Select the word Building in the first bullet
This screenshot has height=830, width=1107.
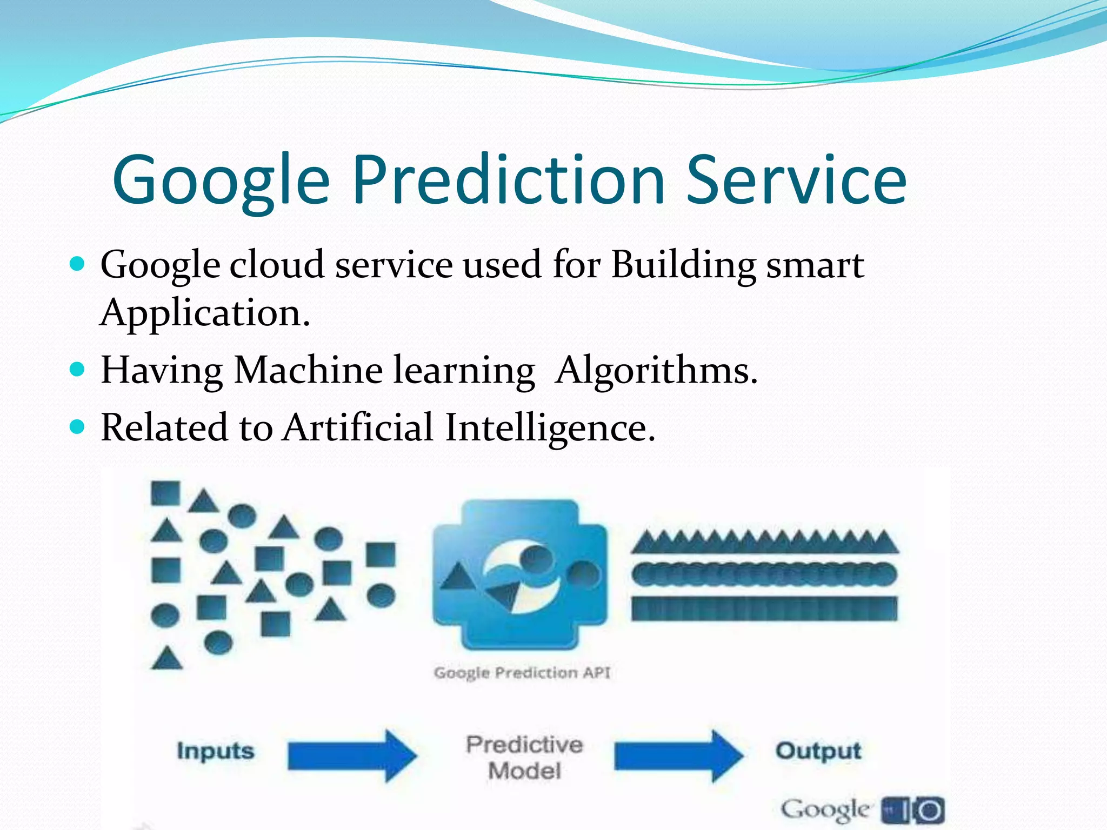click(683, 266)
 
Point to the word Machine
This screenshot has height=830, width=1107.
click(308, 371)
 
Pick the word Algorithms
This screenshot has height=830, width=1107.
click(656, 371)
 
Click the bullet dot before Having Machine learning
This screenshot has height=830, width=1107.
click(78, 370)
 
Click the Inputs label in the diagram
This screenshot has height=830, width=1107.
click(215, 751)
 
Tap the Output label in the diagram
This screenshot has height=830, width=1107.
click(818, 751)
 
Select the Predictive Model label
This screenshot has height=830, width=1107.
click(524, 758)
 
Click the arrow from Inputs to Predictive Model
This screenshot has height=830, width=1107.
click(351, 755)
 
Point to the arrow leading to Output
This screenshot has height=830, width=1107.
click(678, 755)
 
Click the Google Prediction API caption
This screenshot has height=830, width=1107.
click(522, 673)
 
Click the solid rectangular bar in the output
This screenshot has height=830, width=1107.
click(764, 608)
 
